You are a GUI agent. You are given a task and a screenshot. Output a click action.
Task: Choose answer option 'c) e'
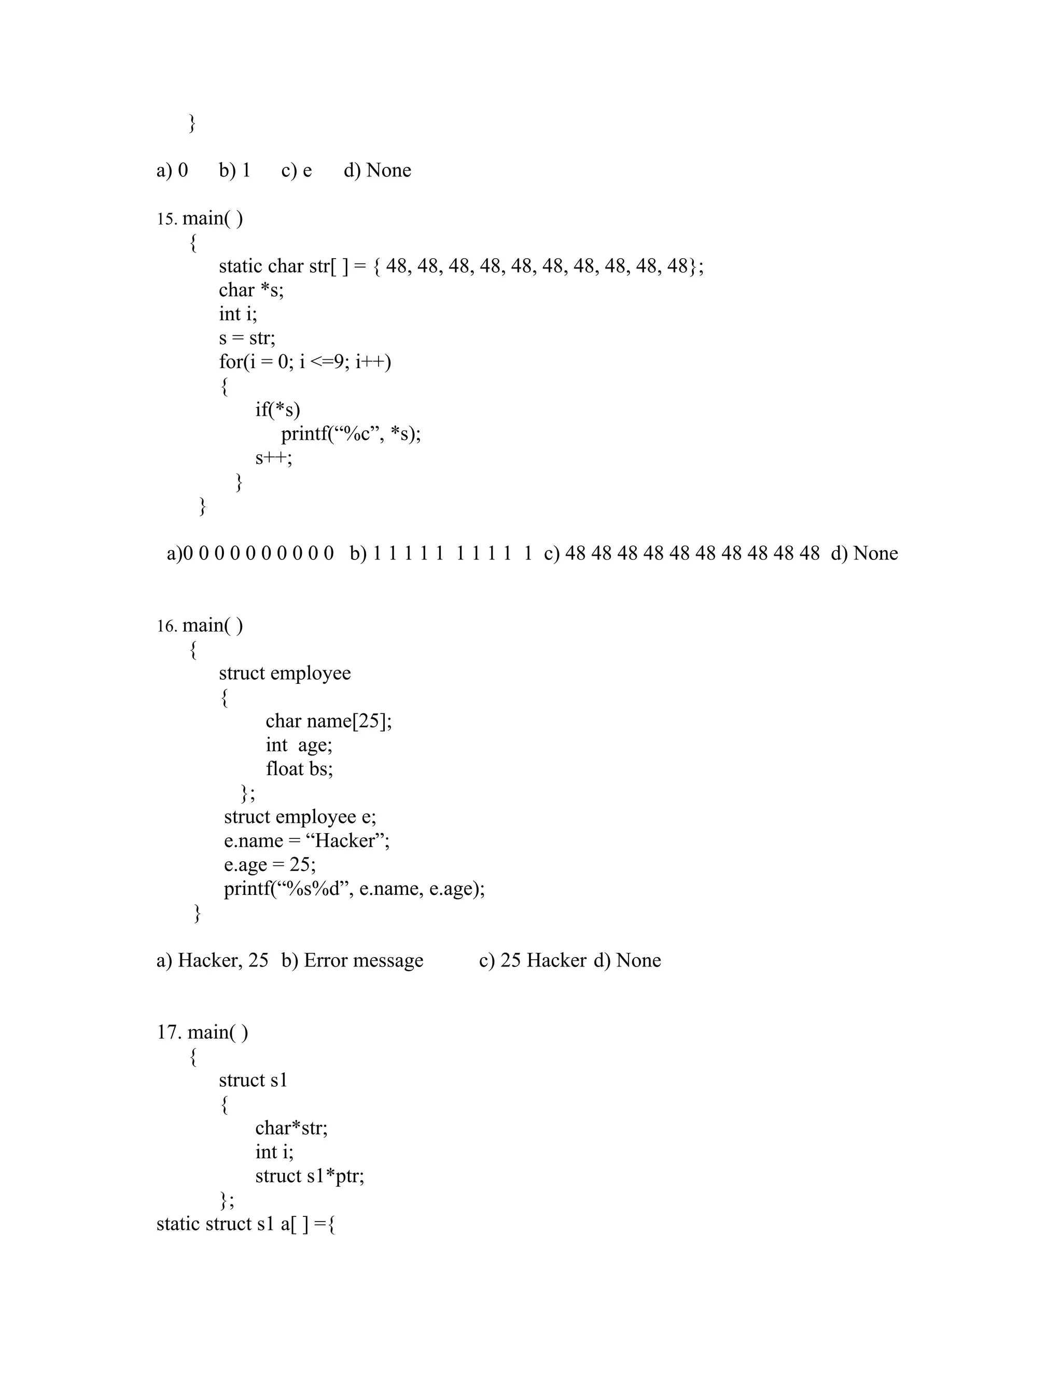296,171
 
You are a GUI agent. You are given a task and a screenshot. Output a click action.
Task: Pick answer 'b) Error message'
352,961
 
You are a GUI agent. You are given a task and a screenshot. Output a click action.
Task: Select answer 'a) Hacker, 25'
212,961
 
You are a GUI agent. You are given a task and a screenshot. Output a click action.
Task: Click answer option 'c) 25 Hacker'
532,961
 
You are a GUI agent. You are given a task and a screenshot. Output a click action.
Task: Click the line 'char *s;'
251,290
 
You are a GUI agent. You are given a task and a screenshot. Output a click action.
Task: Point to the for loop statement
304,362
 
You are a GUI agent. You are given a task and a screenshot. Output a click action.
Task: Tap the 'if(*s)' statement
277,410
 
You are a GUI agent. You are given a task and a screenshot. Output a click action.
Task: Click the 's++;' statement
274,458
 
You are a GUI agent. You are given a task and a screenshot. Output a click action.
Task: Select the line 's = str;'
247,339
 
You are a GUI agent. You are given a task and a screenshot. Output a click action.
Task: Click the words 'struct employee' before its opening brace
284,673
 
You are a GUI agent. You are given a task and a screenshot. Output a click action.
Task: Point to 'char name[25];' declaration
328,721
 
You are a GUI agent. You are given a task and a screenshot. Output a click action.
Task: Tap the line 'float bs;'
299,769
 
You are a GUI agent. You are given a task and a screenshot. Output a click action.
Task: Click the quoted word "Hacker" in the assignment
347,840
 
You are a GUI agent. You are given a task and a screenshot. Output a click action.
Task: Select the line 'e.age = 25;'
270,864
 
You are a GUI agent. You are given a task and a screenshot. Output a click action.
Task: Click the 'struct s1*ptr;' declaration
310,1176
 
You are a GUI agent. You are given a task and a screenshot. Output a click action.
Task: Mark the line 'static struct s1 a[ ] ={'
245,1224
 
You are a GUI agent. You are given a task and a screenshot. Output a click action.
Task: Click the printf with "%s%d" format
354,888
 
